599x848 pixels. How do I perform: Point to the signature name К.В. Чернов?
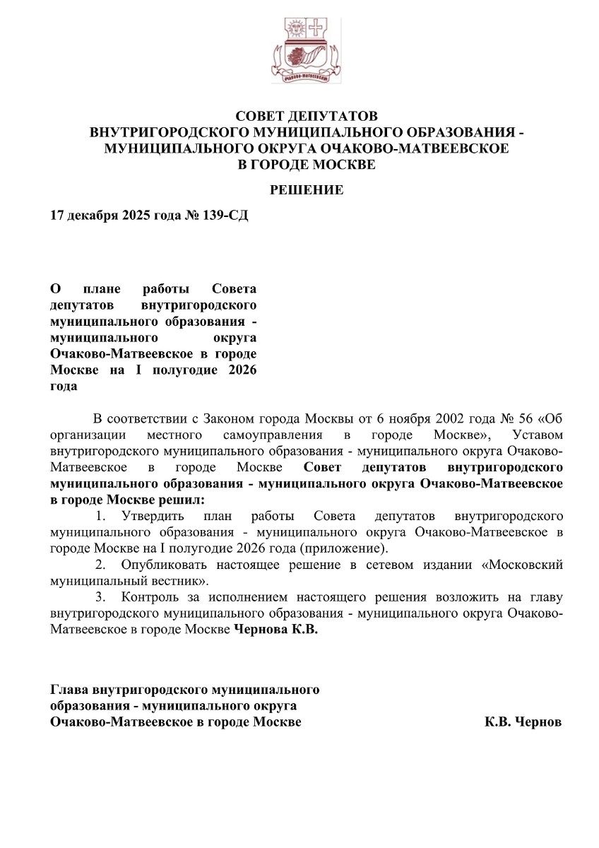(x=523, y=723)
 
